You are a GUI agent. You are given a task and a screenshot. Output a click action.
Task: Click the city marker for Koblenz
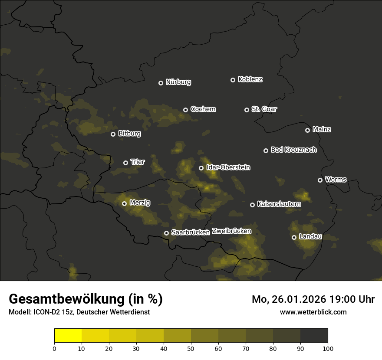click(x=233, y=80)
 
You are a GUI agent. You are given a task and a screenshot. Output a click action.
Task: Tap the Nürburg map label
click(x=178, y=82)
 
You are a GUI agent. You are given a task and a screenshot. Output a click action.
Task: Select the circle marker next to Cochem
click(x=185, y=110)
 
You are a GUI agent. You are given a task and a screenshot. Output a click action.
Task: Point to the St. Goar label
click(x=264, y=109)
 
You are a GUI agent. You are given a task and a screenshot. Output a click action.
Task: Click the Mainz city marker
click(x=307, y=130)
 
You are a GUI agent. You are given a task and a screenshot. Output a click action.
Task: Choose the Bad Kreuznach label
click(x=293, y=150)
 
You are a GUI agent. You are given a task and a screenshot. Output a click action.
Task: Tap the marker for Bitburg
click(x=113, y=134)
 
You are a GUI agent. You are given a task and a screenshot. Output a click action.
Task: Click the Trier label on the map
click(x=138, y=162)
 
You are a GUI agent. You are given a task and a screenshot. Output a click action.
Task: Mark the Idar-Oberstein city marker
click(x=201, y=168)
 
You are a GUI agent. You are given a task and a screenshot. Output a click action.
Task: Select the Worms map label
click(x=336, y=180)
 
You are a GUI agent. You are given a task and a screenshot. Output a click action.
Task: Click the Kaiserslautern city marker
click(x=252, y=205)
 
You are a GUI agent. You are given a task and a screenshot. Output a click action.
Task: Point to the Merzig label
click(x=140, y=203)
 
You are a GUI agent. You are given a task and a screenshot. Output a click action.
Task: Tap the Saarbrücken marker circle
click(x=166, y=233)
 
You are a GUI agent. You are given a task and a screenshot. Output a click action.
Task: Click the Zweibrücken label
click(x=231, y=231)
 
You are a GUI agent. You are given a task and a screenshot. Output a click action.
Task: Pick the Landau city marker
click(x=294, y=237)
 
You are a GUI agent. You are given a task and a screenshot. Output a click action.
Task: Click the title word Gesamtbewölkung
click(x=67, y=299)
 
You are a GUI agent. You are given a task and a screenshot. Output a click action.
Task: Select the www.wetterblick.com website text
click(x=313, y=312)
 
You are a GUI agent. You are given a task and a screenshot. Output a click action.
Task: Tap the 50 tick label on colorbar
click(x=191, y=348)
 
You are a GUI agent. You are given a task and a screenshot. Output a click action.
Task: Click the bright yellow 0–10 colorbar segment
click(x=68, y=336)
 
